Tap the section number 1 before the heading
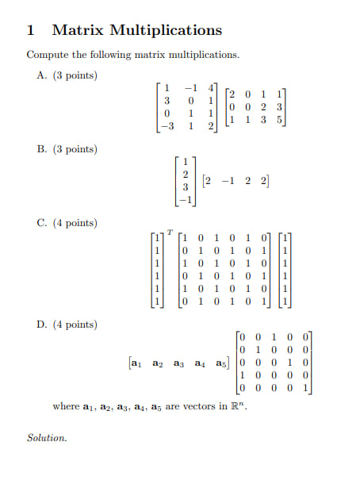click(30, 31)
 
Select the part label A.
click(43, 75)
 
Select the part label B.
click(43, 149)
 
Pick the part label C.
click(43, 223)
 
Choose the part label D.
click(43, 325)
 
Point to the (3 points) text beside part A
click(75, 75)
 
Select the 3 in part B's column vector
click(185, 187)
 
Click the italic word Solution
click(47, 437)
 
